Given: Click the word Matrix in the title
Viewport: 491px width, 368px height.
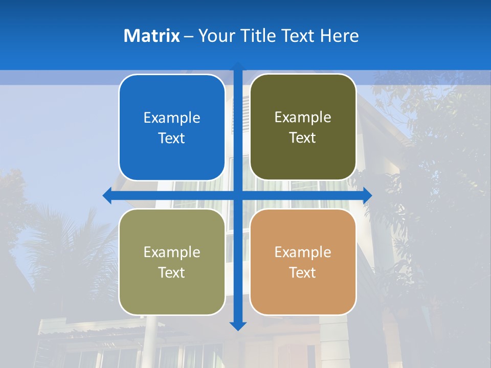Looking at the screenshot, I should [151, 36].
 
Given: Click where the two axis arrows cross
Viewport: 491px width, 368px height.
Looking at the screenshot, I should [238, 195].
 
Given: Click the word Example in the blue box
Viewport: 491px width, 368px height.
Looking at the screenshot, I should [172, 118].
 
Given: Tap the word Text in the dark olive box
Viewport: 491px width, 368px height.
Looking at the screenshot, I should [303, 138].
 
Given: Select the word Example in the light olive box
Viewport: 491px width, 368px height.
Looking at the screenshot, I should [172, 252].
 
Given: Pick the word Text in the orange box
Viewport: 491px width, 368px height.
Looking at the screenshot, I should [303, 272].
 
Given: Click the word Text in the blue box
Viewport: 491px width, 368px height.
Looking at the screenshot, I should [172, 139].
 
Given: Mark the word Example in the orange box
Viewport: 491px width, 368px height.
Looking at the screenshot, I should [303, 252].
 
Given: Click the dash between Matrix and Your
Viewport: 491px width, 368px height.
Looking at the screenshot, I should [189, 36].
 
